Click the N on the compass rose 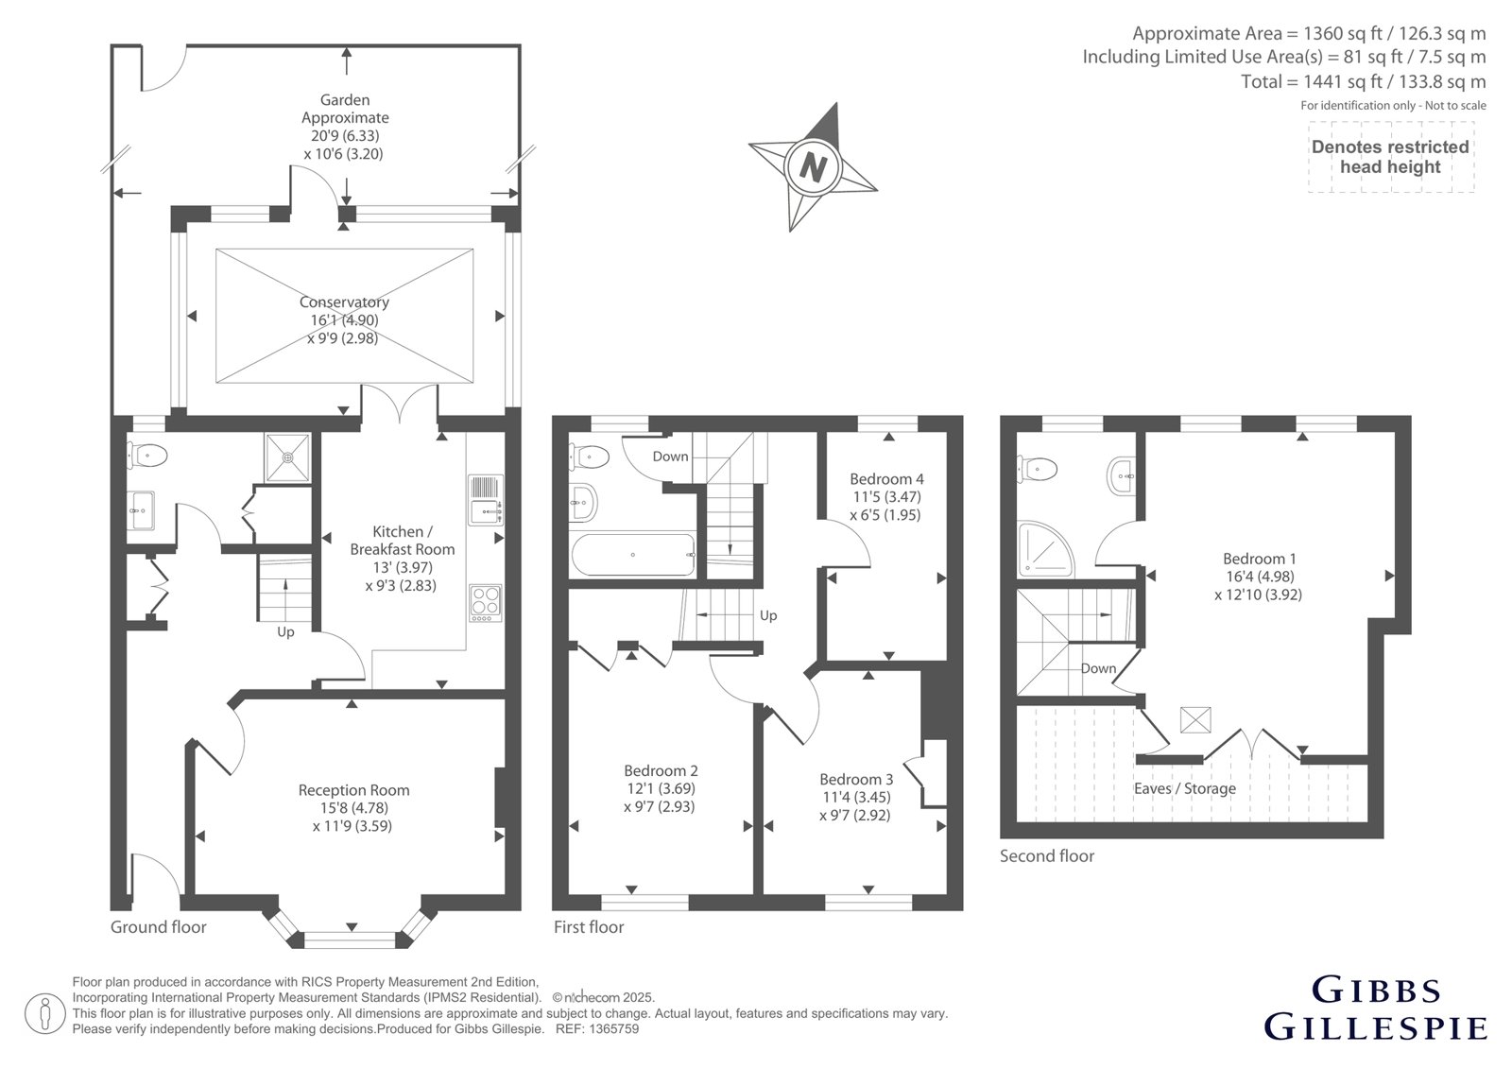coord(813,166)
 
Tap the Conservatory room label coord(344,302)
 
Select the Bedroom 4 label coord(887,479)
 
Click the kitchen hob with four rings coord(486,602)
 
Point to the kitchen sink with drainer coord(486,500)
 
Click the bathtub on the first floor coord(633,555)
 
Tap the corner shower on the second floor coord(1045,549)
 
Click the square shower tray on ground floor coord(288,457)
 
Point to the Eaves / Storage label coord(1185,788)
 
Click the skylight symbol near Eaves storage coord(1195,720)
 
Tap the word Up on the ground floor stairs coord(285,632)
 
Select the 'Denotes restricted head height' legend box coord(1390,157)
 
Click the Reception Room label coord(353,789)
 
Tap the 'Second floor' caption coord(1047,855)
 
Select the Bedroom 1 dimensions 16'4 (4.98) coord(1260,577)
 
